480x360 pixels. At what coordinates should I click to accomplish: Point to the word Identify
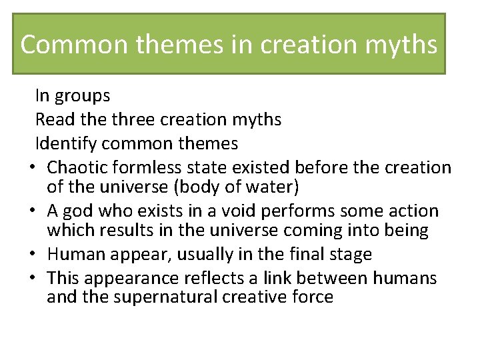pyautogui.click(x=63, y=143)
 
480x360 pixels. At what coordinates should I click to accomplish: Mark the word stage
pyautogui.click(x=350, y=255)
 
